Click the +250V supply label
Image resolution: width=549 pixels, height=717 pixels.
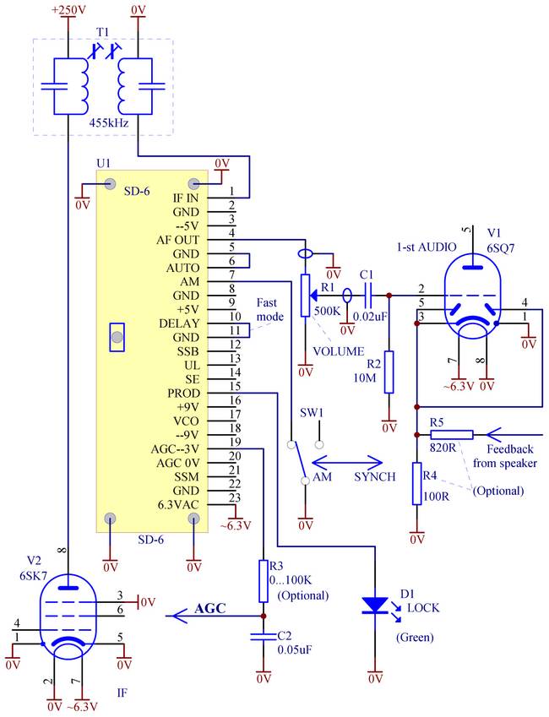tap(68, 9)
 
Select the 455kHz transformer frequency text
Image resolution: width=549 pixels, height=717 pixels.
tap(108, 122)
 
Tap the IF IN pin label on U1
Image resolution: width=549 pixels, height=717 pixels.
tap(186, 198)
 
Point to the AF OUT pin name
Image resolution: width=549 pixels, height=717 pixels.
tap(178, 240)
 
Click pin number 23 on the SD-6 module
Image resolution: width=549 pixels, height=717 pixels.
tap(235, 497)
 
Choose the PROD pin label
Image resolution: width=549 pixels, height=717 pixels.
tap(184, 394)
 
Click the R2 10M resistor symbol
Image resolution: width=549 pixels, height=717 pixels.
tap(389, 372)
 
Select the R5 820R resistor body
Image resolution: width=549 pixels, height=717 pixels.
tap(452, 435)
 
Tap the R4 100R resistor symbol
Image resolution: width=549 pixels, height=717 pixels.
tap(416, 483)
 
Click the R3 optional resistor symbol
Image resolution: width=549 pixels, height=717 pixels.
tap(263, 581)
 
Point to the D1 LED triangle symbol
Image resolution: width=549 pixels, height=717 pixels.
tap(375, 605)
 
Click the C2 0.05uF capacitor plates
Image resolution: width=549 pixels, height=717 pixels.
tap(263, 636)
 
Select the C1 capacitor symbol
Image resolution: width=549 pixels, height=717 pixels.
tap(368, 296)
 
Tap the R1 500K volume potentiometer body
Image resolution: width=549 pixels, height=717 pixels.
tap(305, 296)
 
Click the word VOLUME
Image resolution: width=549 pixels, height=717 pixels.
tap(339, 351)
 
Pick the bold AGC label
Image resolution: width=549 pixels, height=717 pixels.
tap(210, 609)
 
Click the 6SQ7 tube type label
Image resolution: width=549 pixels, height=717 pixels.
tap(501, 248)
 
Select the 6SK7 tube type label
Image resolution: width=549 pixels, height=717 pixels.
tap(34, 576)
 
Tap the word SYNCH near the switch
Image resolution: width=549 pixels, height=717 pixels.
tap(375, 477)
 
